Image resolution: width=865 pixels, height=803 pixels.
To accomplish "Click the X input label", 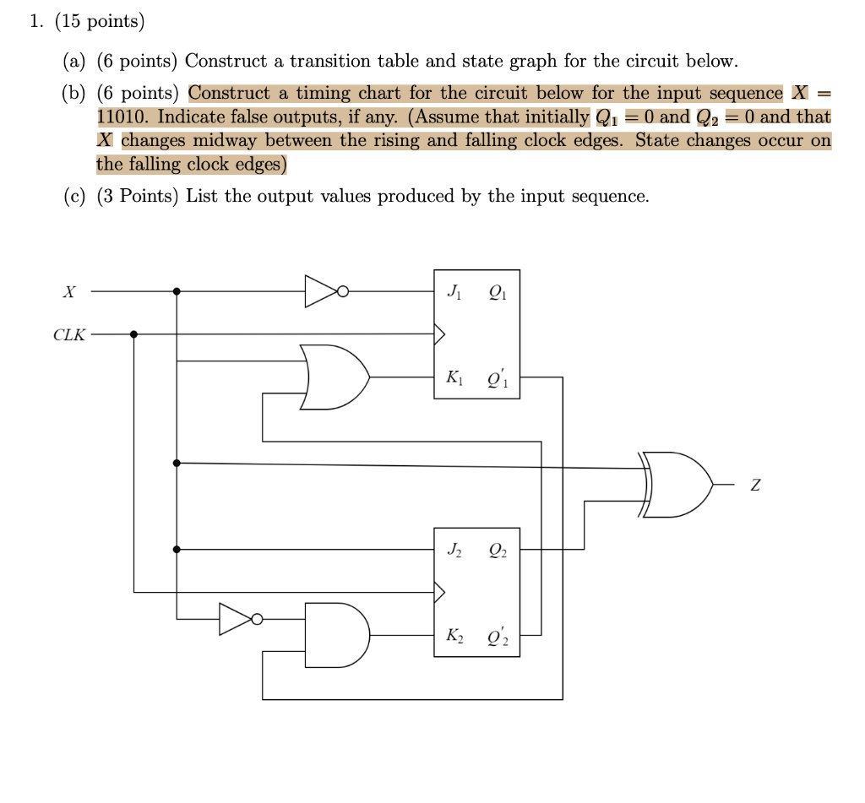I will point(69,292).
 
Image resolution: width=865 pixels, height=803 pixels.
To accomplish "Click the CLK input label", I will point(69,335).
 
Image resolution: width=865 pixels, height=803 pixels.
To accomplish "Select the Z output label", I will point(755,486).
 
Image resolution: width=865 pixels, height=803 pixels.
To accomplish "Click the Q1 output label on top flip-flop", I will point(497,294).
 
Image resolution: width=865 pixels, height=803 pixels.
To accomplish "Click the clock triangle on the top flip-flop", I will point(438,334).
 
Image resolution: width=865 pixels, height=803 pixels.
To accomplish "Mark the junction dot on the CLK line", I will point(133,334).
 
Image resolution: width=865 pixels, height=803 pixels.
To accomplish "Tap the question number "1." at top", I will point(35,22).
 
